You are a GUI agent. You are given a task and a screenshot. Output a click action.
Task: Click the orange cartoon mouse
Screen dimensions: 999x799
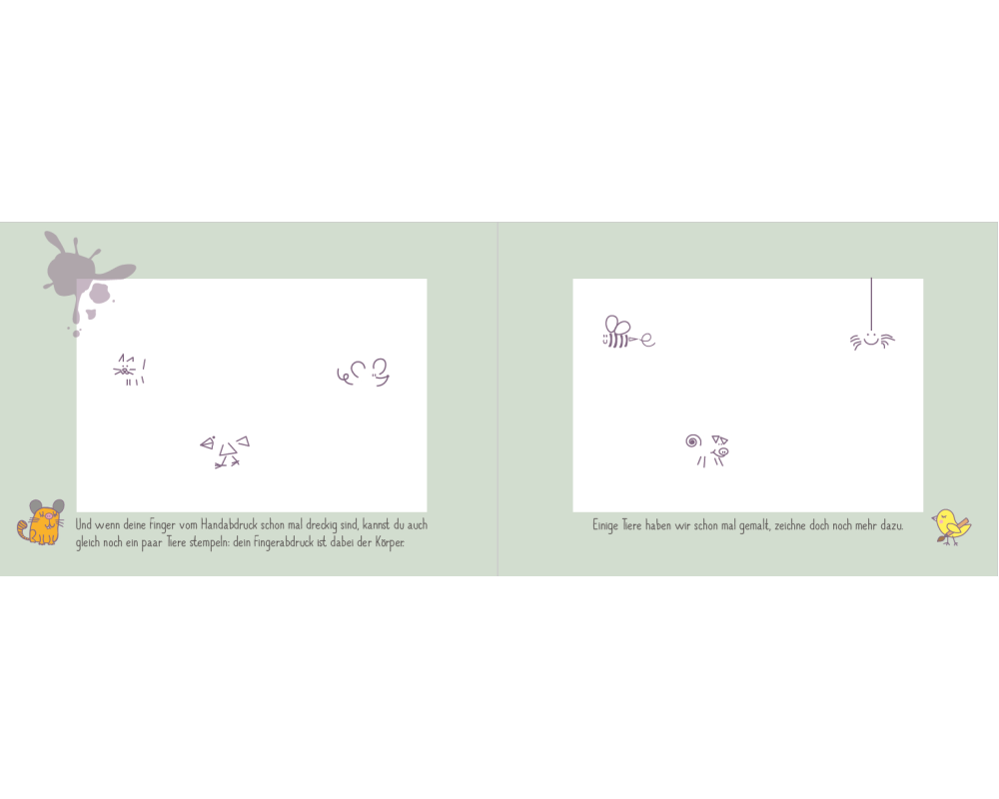(41, 522)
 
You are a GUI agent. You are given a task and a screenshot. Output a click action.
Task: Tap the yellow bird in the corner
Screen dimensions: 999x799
(951, 526)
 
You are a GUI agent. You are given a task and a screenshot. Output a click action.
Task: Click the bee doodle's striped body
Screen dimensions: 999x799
(616, 341)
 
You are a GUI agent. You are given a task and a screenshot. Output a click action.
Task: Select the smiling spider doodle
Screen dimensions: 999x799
(872, 340)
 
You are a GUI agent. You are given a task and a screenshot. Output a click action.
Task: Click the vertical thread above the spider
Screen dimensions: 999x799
(871, 304)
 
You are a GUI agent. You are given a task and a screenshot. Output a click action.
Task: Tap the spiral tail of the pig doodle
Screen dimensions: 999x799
(693, 440)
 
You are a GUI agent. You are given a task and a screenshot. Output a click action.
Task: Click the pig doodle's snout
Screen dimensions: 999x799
(723, 451)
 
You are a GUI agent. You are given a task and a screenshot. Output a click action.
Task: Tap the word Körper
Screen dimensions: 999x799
(390, 543)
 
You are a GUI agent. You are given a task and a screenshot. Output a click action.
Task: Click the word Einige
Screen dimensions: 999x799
(605, 525)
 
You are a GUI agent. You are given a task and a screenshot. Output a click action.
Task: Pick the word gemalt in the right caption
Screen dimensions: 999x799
(753, 525)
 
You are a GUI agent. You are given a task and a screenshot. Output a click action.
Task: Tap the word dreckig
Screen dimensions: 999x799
(321, 525)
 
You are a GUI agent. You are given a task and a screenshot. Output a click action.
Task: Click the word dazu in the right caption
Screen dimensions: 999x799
(892, 525)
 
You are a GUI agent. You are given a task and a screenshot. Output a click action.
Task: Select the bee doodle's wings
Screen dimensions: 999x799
(616, 325)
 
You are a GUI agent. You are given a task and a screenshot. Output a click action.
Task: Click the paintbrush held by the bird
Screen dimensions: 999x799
(953, 532)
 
